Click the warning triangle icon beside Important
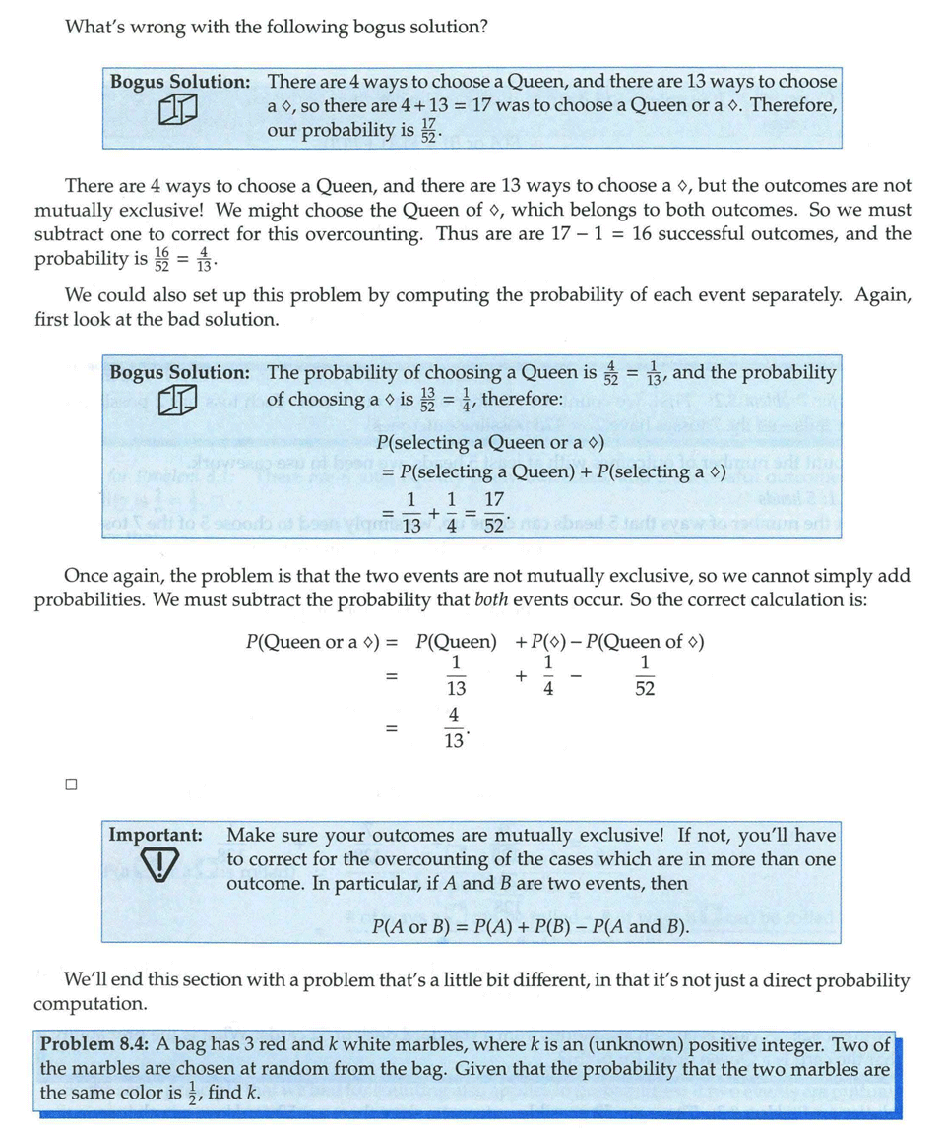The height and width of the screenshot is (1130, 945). pos(157,866)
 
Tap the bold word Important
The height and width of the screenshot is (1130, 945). pos(156,835)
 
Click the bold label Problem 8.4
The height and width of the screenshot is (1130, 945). pos(92,1045)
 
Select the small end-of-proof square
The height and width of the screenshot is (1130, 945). pos(70,785)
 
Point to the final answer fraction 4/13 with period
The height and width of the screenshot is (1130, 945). pos(455,729)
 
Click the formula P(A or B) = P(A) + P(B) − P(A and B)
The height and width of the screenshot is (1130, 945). pos(531,927)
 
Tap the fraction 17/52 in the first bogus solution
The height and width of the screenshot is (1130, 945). pos(428,129)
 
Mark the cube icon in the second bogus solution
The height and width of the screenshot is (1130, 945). pos(179,399)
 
